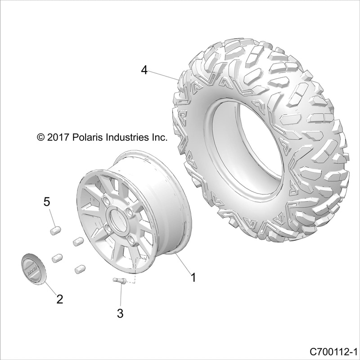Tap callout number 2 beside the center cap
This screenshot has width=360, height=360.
59,298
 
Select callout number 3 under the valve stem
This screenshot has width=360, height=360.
120,313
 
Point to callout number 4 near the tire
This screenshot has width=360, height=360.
144,70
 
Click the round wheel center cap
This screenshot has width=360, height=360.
32,269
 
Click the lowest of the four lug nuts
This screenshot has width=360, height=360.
79,269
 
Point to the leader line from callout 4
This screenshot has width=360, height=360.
164,75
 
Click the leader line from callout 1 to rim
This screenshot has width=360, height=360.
183,264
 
